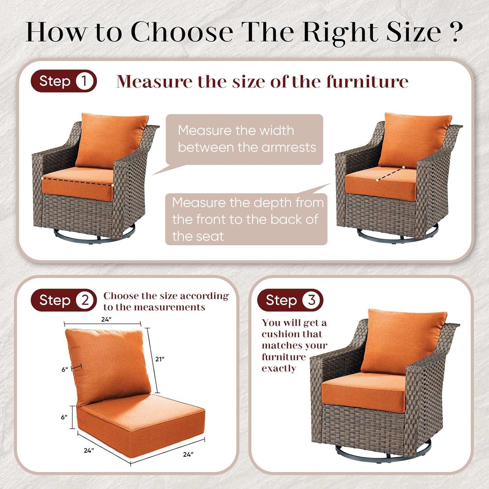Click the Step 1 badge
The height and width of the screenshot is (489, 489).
[64, 81]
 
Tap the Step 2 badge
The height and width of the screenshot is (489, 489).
[64, 300]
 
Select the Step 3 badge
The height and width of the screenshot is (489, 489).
[290, 300]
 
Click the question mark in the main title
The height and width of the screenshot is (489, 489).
[454, 32]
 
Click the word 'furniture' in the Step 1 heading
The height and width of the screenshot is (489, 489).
[367, 81]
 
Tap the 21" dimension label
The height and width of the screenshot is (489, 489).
[160, 359]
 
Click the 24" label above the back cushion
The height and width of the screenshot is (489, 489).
[106, 319]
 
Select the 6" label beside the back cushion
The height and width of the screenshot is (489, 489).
[65, 369]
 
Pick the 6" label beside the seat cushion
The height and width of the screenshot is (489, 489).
[64, 417]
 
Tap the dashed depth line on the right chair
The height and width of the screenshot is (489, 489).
[391, 173]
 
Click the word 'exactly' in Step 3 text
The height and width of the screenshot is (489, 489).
[279, 368]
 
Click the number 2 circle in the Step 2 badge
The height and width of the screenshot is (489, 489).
[85, 300]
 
